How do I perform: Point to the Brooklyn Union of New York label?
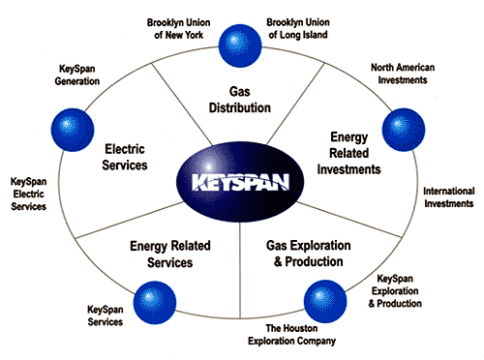coord(181,27)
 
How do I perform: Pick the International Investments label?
coord(448,196)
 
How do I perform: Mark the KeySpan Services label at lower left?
coord(105,315)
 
